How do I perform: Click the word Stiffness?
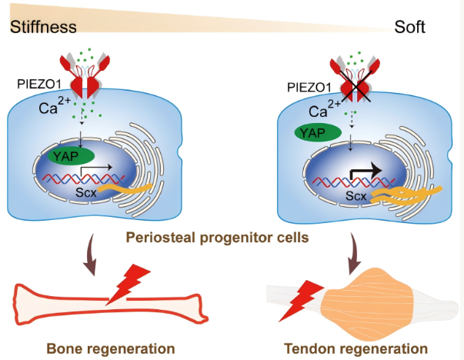[43, 27]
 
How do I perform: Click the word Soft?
[409, 27]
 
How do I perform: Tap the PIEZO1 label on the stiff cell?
[39, 85]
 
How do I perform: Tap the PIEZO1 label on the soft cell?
[309, 87]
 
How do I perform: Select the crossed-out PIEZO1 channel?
[355, 79]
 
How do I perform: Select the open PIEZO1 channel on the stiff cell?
[85, 76]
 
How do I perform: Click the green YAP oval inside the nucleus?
[71, 156]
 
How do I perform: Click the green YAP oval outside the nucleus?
[318, 132]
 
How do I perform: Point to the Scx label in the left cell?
[86, 192]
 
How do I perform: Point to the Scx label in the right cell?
[356, 196]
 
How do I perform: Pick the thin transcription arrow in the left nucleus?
[95, 168]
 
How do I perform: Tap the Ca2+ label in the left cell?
[55, 106]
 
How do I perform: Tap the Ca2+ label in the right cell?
[325, 109]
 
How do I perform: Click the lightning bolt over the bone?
[129, 283]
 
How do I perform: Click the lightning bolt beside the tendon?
[301, 301]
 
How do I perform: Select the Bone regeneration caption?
[111, 348]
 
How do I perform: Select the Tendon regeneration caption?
[356, 348]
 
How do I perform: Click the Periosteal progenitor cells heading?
[218, 238]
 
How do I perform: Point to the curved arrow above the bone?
[91, 255]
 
